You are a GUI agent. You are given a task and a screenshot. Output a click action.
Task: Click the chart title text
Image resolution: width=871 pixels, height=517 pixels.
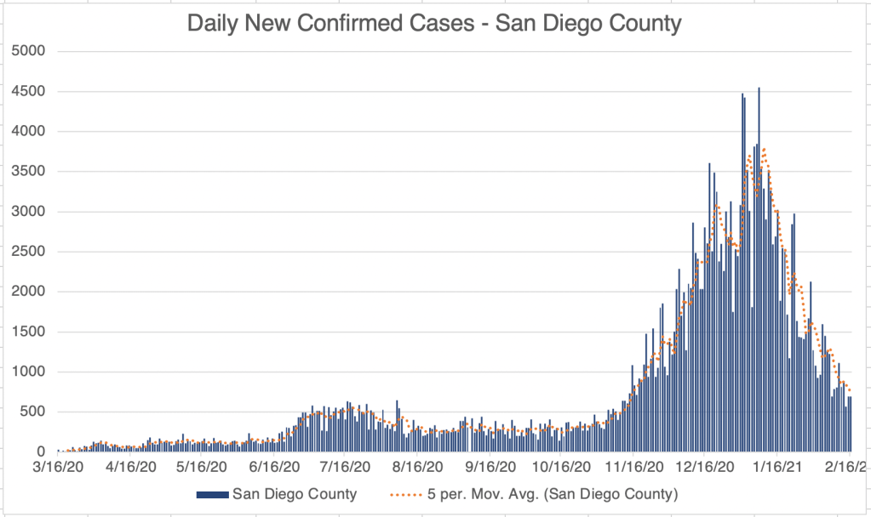pos(434,23)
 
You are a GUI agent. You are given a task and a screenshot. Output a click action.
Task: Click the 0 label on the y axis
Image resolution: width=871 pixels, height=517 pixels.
pos(42,452)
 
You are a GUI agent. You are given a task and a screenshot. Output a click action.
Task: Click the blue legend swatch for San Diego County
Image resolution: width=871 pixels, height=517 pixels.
pos(212,494)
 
